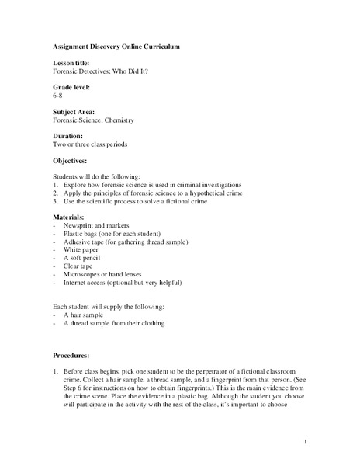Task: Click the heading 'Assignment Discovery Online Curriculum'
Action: (116, 47)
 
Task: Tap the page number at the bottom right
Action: (306, 442)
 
